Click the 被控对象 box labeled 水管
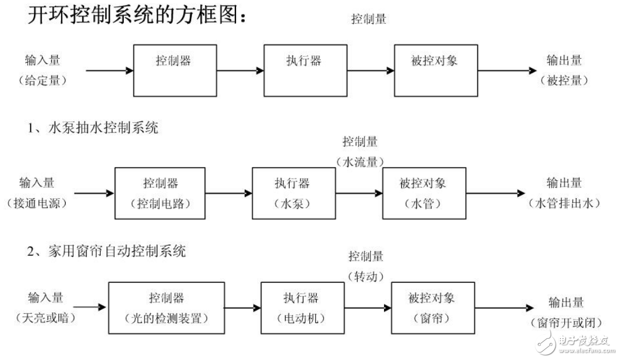point(423,193)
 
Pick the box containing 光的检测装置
point(166,308)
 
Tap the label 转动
point(366,276)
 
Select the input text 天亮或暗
point(46,317)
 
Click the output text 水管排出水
point(564,203)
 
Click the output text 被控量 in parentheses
point(564,81)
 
